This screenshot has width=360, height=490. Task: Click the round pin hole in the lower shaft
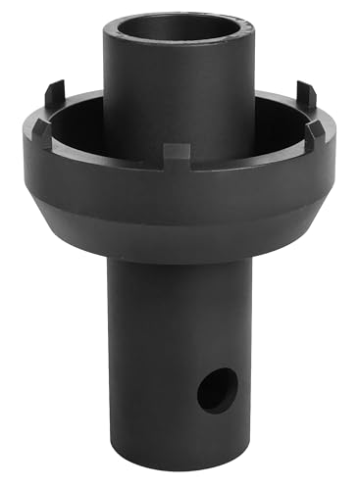click(216, 390)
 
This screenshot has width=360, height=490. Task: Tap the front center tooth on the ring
click(177, 153)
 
